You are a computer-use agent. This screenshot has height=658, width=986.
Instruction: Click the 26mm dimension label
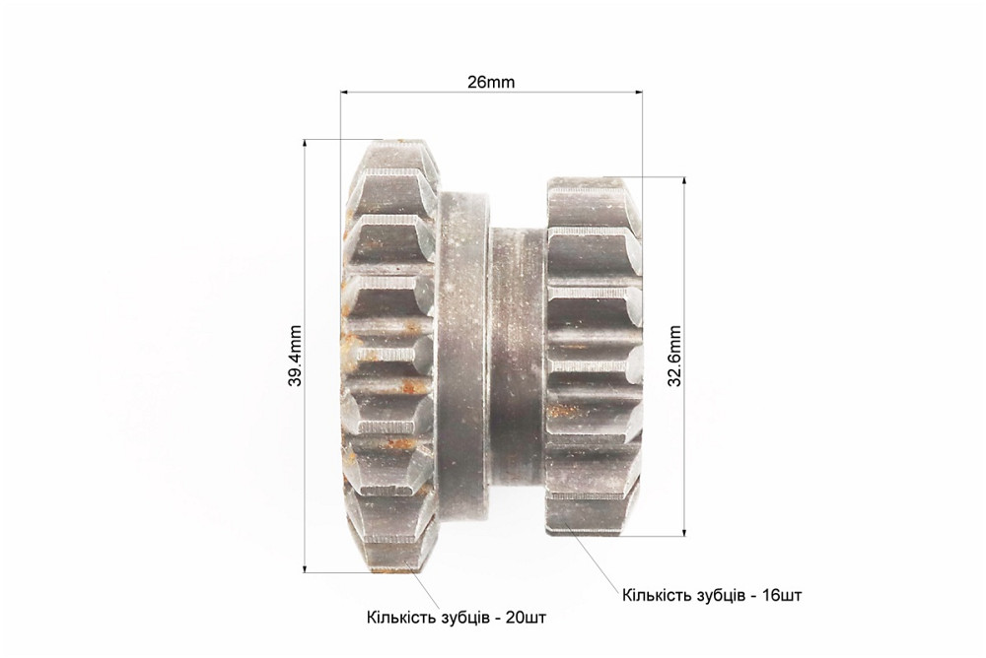click(x=490, y=83)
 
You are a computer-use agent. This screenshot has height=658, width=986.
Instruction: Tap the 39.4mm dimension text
click(x=296, y=356)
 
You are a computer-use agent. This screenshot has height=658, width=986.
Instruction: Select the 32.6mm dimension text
click(x=674, y=357)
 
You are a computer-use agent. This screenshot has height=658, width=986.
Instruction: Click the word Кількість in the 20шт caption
click(x=396, y=618)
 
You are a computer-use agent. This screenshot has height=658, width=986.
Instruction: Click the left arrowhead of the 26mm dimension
click(x=344, y=93)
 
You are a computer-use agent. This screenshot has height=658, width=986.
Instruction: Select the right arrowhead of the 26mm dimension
click(x=638, y=93)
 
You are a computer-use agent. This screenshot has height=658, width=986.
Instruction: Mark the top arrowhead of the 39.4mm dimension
click(x=306, y=143)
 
